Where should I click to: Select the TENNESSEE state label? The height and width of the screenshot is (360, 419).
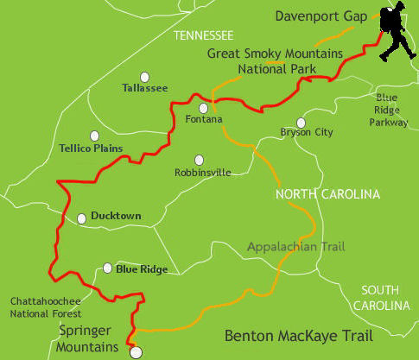point(203,35)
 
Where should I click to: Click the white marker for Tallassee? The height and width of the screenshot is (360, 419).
point(144,76)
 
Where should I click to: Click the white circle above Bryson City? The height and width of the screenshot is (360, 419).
point(301,123)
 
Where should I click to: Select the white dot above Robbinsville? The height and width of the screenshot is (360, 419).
point(200,160)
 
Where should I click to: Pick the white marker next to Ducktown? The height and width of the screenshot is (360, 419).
point(82,218)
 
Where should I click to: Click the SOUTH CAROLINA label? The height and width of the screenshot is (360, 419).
point(385,298)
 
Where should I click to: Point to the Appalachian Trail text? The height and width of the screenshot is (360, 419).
point(295,247)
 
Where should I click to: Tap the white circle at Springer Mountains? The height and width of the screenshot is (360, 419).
point(135,352)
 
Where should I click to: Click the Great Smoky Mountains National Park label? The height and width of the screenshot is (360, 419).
point(275,60)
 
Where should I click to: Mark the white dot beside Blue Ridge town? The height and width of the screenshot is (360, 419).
point(107,268)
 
